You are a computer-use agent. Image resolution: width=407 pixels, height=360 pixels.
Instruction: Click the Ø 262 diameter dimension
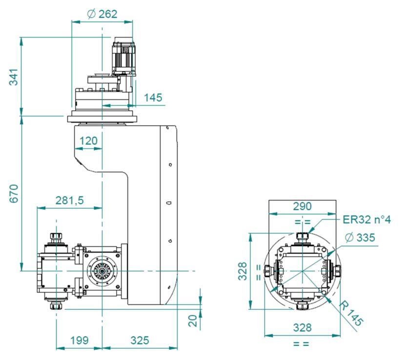(x=102, y=14)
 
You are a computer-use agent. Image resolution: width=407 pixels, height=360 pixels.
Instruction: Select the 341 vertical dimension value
(x=14, y=77)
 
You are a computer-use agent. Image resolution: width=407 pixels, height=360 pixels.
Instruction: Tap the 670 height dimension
(x=14, y=193)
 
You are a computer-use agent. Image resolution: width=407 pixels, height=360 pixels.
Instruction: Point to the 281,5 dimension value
(x=70, y=200)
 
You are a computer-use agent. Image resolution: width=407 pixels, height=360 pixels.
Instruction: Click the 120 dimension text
(x=88, y=141)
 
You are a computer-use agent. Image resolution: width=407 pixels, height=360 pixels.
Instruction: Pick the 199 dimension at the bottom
(x=80, y=340)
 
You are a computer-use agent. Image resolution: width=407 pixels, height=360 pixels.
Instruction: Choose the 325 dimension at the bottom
(x=140, y=340)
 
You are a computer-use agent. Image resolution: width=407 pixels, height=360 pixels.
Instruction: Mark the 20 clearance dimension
(x=193, y=321)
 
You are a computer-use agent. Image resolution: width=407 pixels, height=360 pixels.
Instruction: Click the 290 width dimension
(x=302, y=206)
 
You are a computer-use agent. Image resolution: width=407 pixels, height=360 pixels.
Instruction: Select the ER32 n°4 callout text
(x=366, y=220)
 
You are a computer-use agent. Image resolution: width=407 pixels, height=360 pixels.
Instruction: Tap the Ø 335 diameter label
(x=360, y=237)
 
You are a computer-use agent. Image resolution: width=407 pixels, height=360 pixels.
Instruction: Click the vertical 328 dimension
(x=243, y=271)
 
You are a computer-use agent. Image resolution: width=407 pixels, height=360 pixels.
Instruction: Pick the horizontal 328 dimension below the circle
(x=302, y=328)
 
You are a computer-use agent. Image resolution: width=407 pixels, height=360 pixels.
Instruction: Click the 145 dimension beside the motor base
(x=153, y=98)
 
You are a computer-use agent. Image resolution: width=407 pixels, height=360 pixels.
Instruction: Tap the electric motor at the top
(x=123, y=56)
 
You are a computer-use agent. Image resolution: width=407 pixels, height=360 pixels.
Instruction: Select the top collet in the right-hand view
(x=303, y=237)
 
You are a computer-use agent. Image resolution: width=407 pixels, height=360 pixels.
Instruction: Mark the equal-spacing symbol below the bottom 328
(x=301, y=344)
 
